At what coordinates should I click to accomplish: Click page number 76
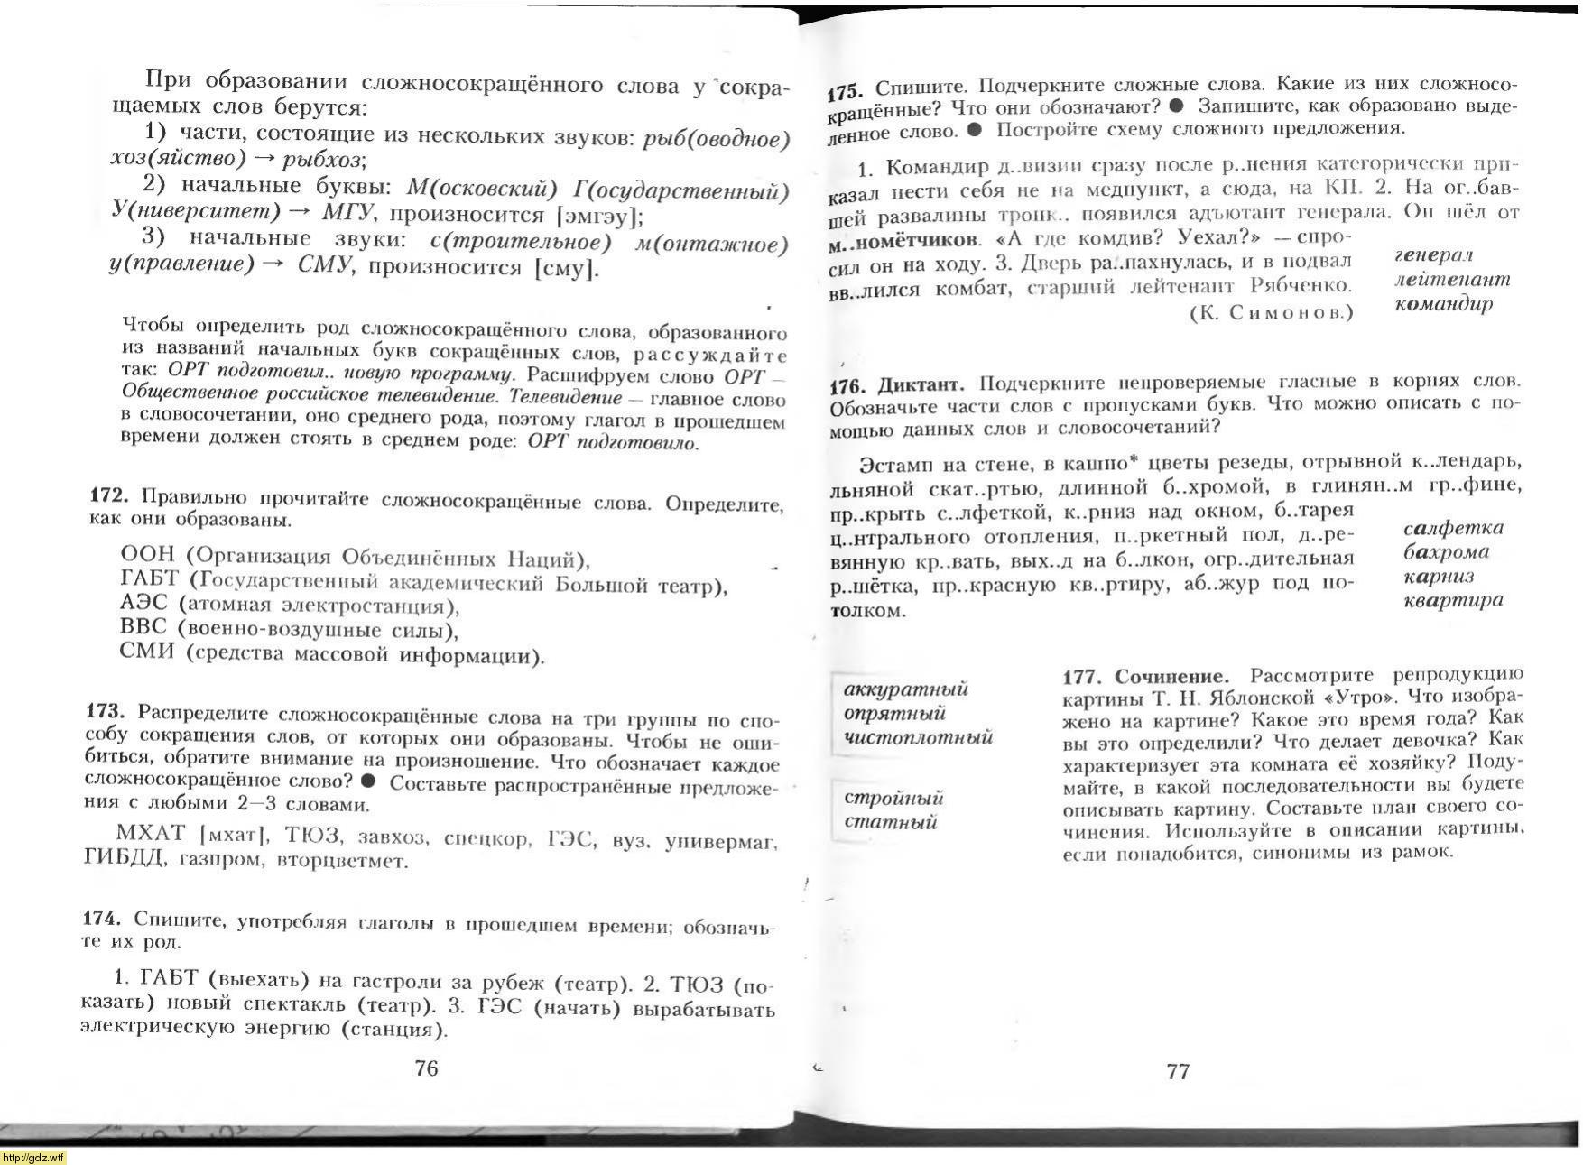(x=426, y=1068)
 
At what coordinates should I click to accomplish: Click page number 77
(x=1178, y=1071)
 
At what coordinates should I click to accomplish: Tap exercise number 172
(x=109, y=495)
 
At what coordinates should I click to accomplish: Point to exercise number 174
(x=101, y=918)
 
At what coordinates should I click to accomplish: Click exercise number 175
(x=847, y=91)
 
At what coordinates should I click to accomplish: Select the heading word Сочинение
(x=1171, y=677)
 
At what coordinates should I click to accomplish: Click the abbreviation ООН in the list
(x=147, y=553)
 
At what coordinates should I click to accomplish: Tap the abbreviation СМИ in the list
(x=146, y=652)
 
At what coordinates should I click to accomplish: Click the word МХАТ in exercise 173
(x=150, y=833)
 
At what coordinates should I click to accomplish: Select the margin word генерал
(x=1433, y=255)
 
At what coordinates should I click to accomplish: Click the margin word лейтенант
(x=1451, y=280)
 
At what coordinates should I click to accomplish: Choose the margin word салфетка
(x=1453, y=528)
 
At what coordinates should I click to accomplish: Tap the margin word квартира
(x=1453, y=600)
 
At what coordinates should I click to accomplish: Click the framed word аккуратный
(x=905, y=689)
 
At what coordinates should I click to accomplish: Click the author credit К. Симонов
(x=1271, y=312)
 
